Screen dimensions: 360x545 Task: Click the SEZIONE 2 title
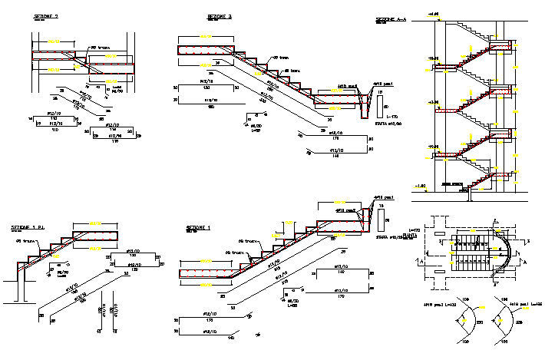point(46,16)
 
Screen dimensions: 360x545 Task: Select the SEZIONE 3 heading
point(220,16)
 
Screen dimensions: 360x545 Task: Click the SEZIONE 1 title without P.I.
point(198,228)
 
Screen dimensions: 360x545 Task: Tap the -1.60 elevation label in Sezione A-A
point(419,186)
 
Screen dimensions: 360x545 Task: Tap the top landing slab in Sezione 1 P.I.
point(97,236)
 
